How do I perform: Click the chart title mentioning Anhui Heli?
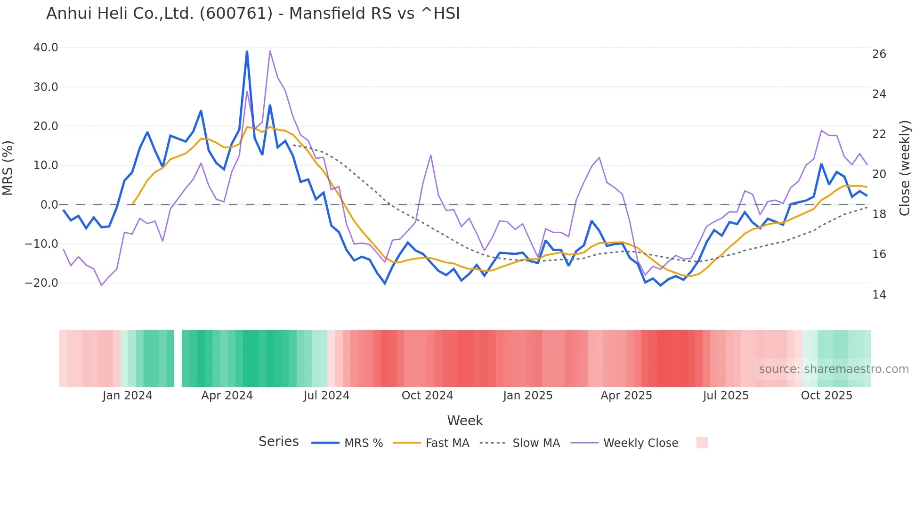253,14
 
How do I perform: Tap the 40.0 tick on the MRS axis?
46,48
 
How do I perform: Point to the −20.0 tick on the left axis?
41,283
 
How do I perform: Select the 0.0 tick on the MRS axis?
49,205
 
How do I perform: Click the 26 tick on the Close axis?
879,54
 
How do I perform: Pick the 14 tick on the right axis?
879,295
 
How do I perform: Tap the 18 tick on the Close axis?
879,214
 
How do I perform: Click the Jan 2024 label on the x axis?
127,396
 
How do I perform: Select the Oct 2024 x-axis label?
427,396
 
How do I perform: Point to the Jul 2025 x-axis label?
726,396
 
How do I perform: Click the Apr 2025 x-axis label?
626,396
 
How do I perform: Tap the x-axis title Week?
465,421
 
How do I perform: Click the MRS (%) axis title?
8,168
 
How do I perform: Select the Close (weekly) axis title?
904,168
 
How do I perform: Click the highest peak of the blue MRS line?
247,51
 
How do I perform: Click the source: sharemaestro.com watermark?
834,369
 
